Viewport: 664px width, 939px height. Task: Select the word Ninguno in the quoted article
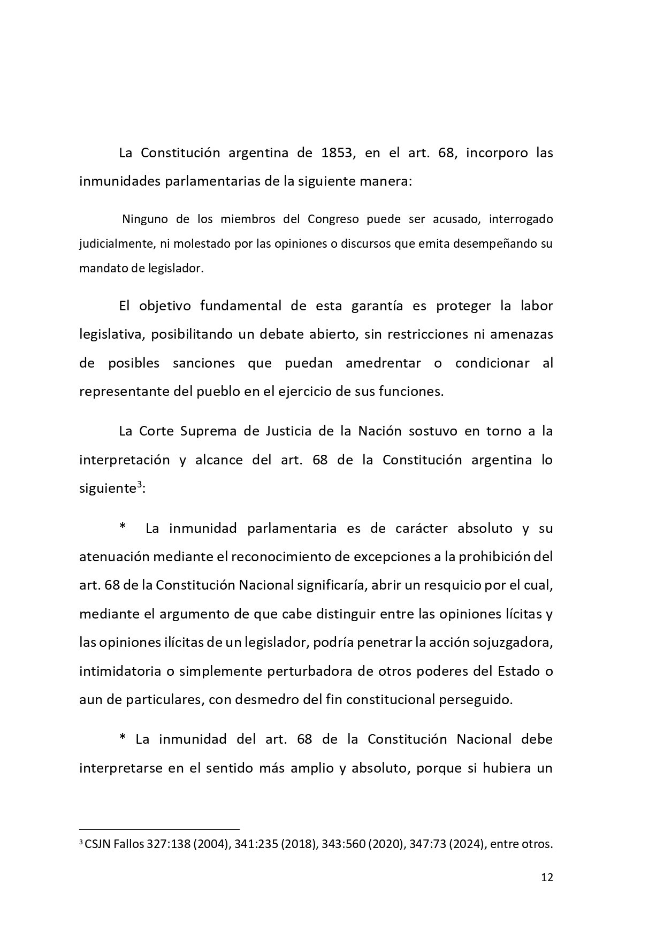(144, 219)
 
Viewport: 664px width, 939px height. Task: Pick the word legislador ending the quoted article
(176, 268)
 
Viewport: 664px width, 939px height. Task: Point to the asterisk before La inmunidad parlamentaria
(123, 528)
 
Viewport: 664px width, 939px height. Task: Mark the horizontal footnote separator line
(159, 829)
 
